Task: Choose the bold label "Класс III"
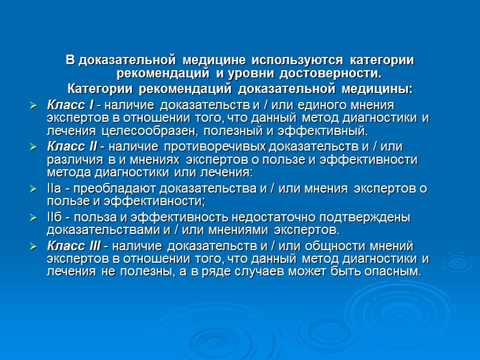coord(72,246)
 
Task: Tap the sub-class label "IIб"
coord(53,218)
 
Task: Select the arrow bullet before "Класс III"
coord(34,246)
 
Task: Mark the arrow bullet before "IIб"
coord(34,218)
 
